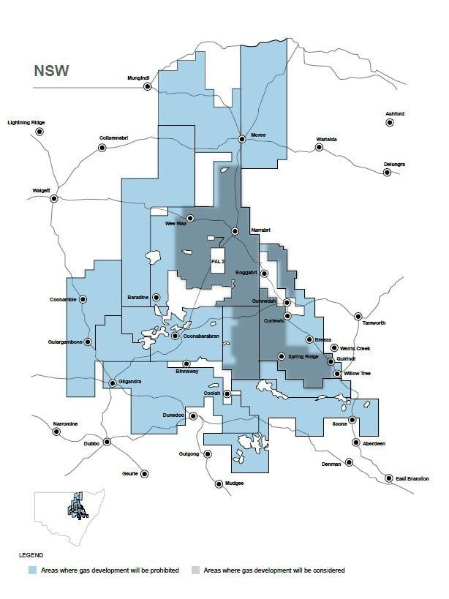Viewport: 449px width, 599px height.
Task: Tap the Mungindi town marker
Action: [x=147, y=86]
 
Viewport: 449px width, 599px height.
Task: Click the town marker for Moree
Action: [x=242, y=138]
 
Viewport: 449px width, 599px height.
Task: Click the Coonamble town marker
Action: [x=83, y=298]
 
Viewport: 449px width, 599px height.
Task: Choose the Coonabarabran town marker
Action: [x=175, y=336]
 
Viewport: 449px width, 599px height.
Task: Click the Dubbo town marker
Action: [x=107, y=442]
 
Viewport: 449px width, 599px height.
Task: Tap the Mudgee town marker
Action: [x=219, y=483]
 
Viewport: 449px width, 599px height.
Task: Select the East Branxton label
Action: [x=410, y=478]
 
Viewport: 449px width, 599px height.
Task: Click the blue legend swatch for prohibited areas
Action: [x=31, y=570]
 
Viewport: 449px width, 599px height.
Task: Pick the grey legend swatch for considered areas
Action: [x=195, y=570]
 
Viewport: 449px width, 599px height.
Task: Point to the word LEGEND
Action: [x=32, y=555]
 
